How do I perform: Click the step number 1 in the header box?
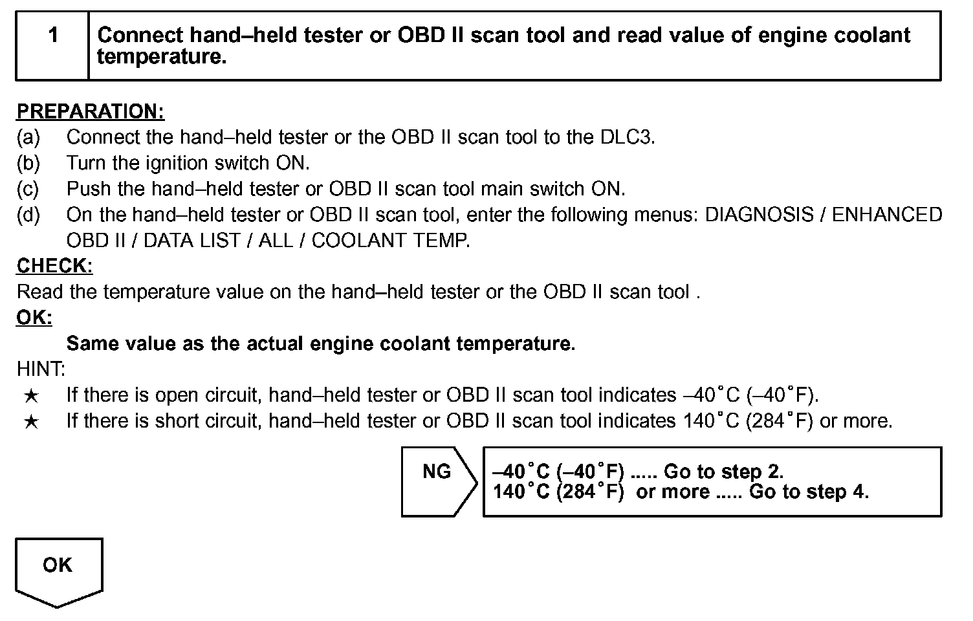pos(53,36)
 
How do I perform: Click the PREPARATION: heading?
pos(91,112)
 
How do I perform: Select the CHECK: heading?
pos(54,266)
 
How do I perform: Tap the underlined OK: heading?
pos(34,318)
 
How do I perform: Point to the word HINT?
pos(41,369)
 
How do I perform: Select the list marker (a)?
pos(28,137)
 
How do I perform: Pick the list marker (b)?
pos(28,163)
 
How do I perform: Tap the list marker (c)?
pos(28,189)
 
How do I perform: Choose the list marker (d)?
pos(28,215)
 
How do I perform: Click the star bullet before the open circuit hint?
pos(30,396)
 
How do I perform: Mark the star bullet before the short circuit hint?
pos(30,422)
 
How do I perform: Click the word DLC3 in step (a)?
pos(627,137)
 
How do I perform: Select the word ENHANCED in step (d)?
pos(886,215)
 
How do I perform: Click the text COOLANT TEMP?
pos(391,241)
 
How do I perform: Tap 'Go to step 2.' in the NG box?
pos(723,472)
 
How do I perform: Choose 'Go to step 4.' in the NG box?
pos(809,492)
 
